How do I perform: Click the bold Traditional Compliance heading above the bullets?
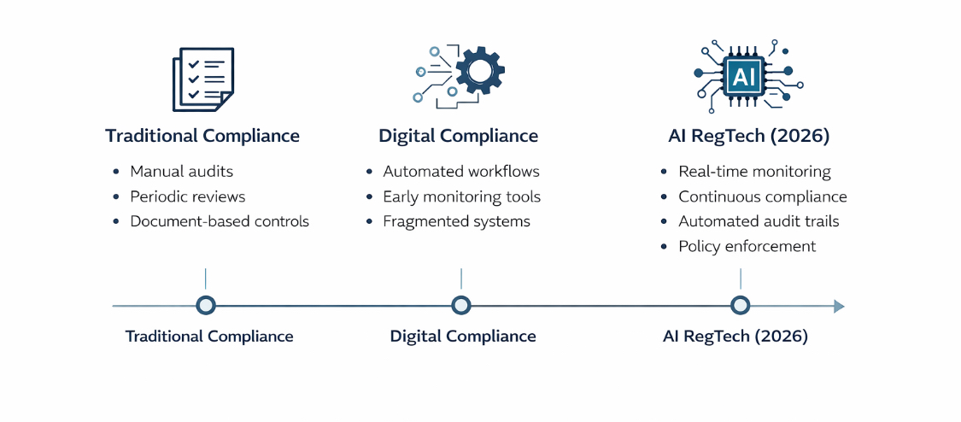pos(202,136)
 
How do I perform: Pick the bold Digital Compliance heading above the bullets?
pos(459,136)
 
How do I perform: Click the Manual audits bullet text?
pos(181,172)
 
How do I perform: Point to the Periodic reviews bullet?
pos(187,196)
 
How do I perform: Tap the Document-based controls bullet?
pos(220,221)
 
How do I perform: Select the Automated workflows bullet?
pos(461,172)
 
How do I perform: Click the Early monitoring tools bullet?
pos(461,196)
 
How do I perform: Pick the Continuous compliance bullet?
pos(763,196)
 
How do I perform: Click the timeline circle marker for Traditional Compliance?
pos(206,305)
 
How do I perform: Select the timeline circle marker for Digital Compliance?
pos(461,305)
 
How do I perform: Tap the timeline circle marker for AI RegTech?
pos(741,305)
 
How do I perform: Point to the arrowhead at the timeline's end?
pos(839,306)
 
